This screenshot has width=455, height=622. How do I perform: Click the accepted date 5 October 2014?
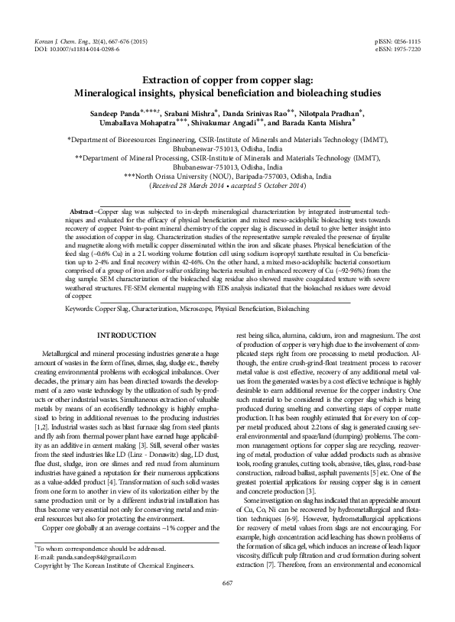click(278, 184)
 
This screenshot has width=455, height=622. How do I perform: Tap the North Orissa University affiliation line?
click(227, 175)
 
